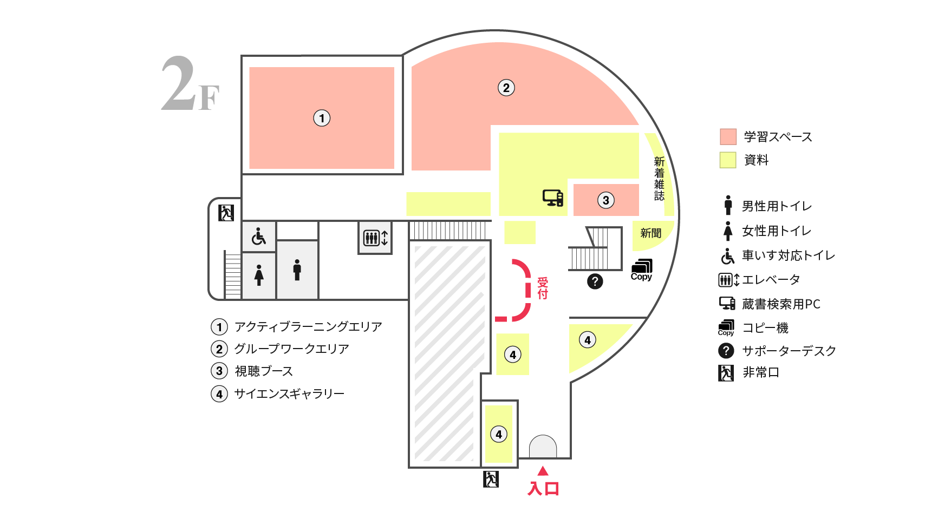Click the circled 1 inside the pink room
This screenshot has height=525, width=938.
coord(322,118)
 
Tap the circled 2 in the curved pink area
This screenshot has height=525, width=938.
coord(506,88)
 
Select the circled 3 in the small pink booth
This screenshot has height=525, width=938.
coord(606,200)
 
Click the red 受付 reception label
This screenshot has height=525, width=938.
coord(543,288)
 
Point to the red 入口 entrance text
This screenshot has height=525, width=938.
coord(543,488)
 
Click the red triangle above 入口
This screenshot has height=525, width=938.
coord(543,471)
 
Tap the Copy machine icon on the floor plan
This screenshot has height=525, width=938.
coord(642,270)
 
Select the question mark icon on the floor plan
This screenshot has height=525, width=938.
coord(595,281)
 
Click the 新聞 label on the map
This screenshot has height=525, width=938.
coord(651,233)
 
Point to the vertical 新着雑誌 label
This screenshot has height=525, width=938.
coord(659,179)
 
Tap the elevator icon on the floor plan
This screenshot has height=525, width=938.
coord(375,238)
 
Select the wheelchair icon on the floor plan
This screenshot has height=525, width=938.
coord(259,237)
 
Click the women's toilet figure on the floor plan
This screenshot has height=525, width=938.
coord(259,275)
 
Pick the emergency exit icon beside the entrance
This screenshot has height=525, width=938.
coord(491,479)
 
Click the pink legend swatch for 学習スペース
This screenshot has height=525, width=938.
coord(728,137)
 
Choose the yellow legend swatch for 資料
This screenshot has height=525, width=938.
coord(728,160)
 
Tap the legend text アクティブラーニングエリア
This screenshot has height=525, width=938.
coord(308,327)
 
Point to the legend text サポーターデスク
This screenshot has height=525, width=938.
coord(789,351)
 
